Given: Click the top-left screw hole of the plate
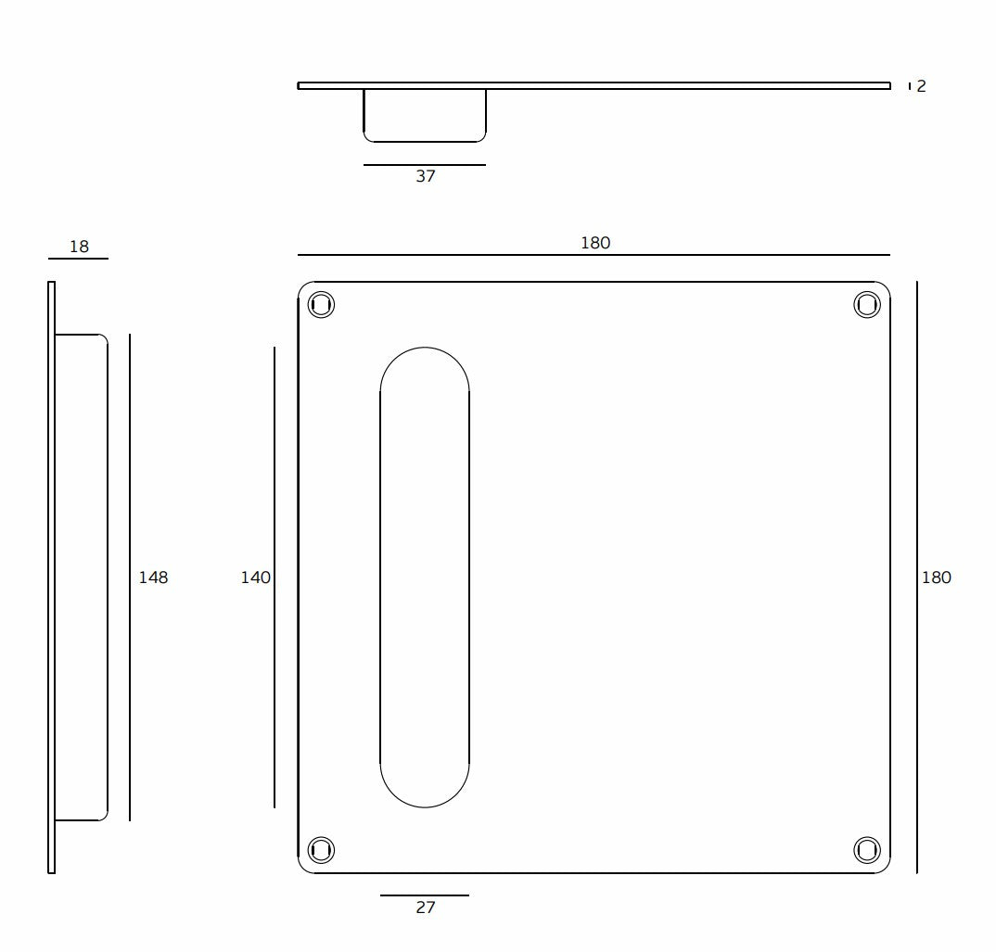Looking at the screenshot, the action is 321,305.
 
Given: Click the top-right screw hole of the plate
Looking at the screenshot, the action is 867,305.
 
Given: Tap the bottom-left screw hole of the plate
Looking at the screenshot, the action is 321,850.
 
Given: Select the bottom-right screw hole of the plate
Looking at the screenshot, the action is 867,850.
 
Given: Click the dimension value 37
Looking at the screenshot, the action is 426,176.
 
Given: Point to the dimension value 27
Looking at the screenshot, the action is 426,908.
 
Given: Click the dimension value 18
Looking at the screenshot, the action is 79,247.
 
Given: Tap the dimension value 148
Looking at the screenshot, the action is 153,578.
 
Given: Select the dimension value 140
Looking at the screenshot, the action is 255,578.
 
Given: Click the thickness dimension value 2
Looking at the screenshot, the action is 921,85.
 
